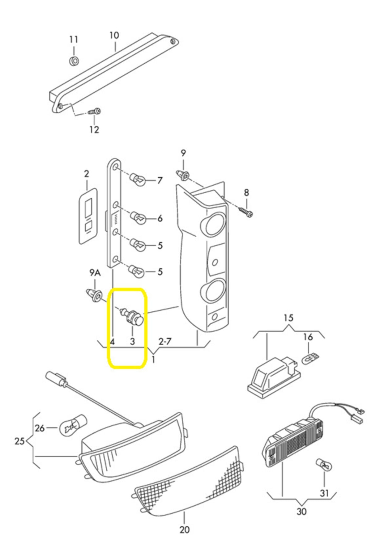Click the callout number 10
[114, 35]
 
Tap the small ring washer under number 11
[74, 61]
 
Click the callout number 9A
[95, 273]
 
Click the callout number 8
[246, 193]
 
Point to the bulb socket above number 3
[132, 317]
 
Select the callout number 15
[288, 318]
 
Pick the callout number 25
[19, 441]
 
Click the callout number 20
[184, 530]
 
